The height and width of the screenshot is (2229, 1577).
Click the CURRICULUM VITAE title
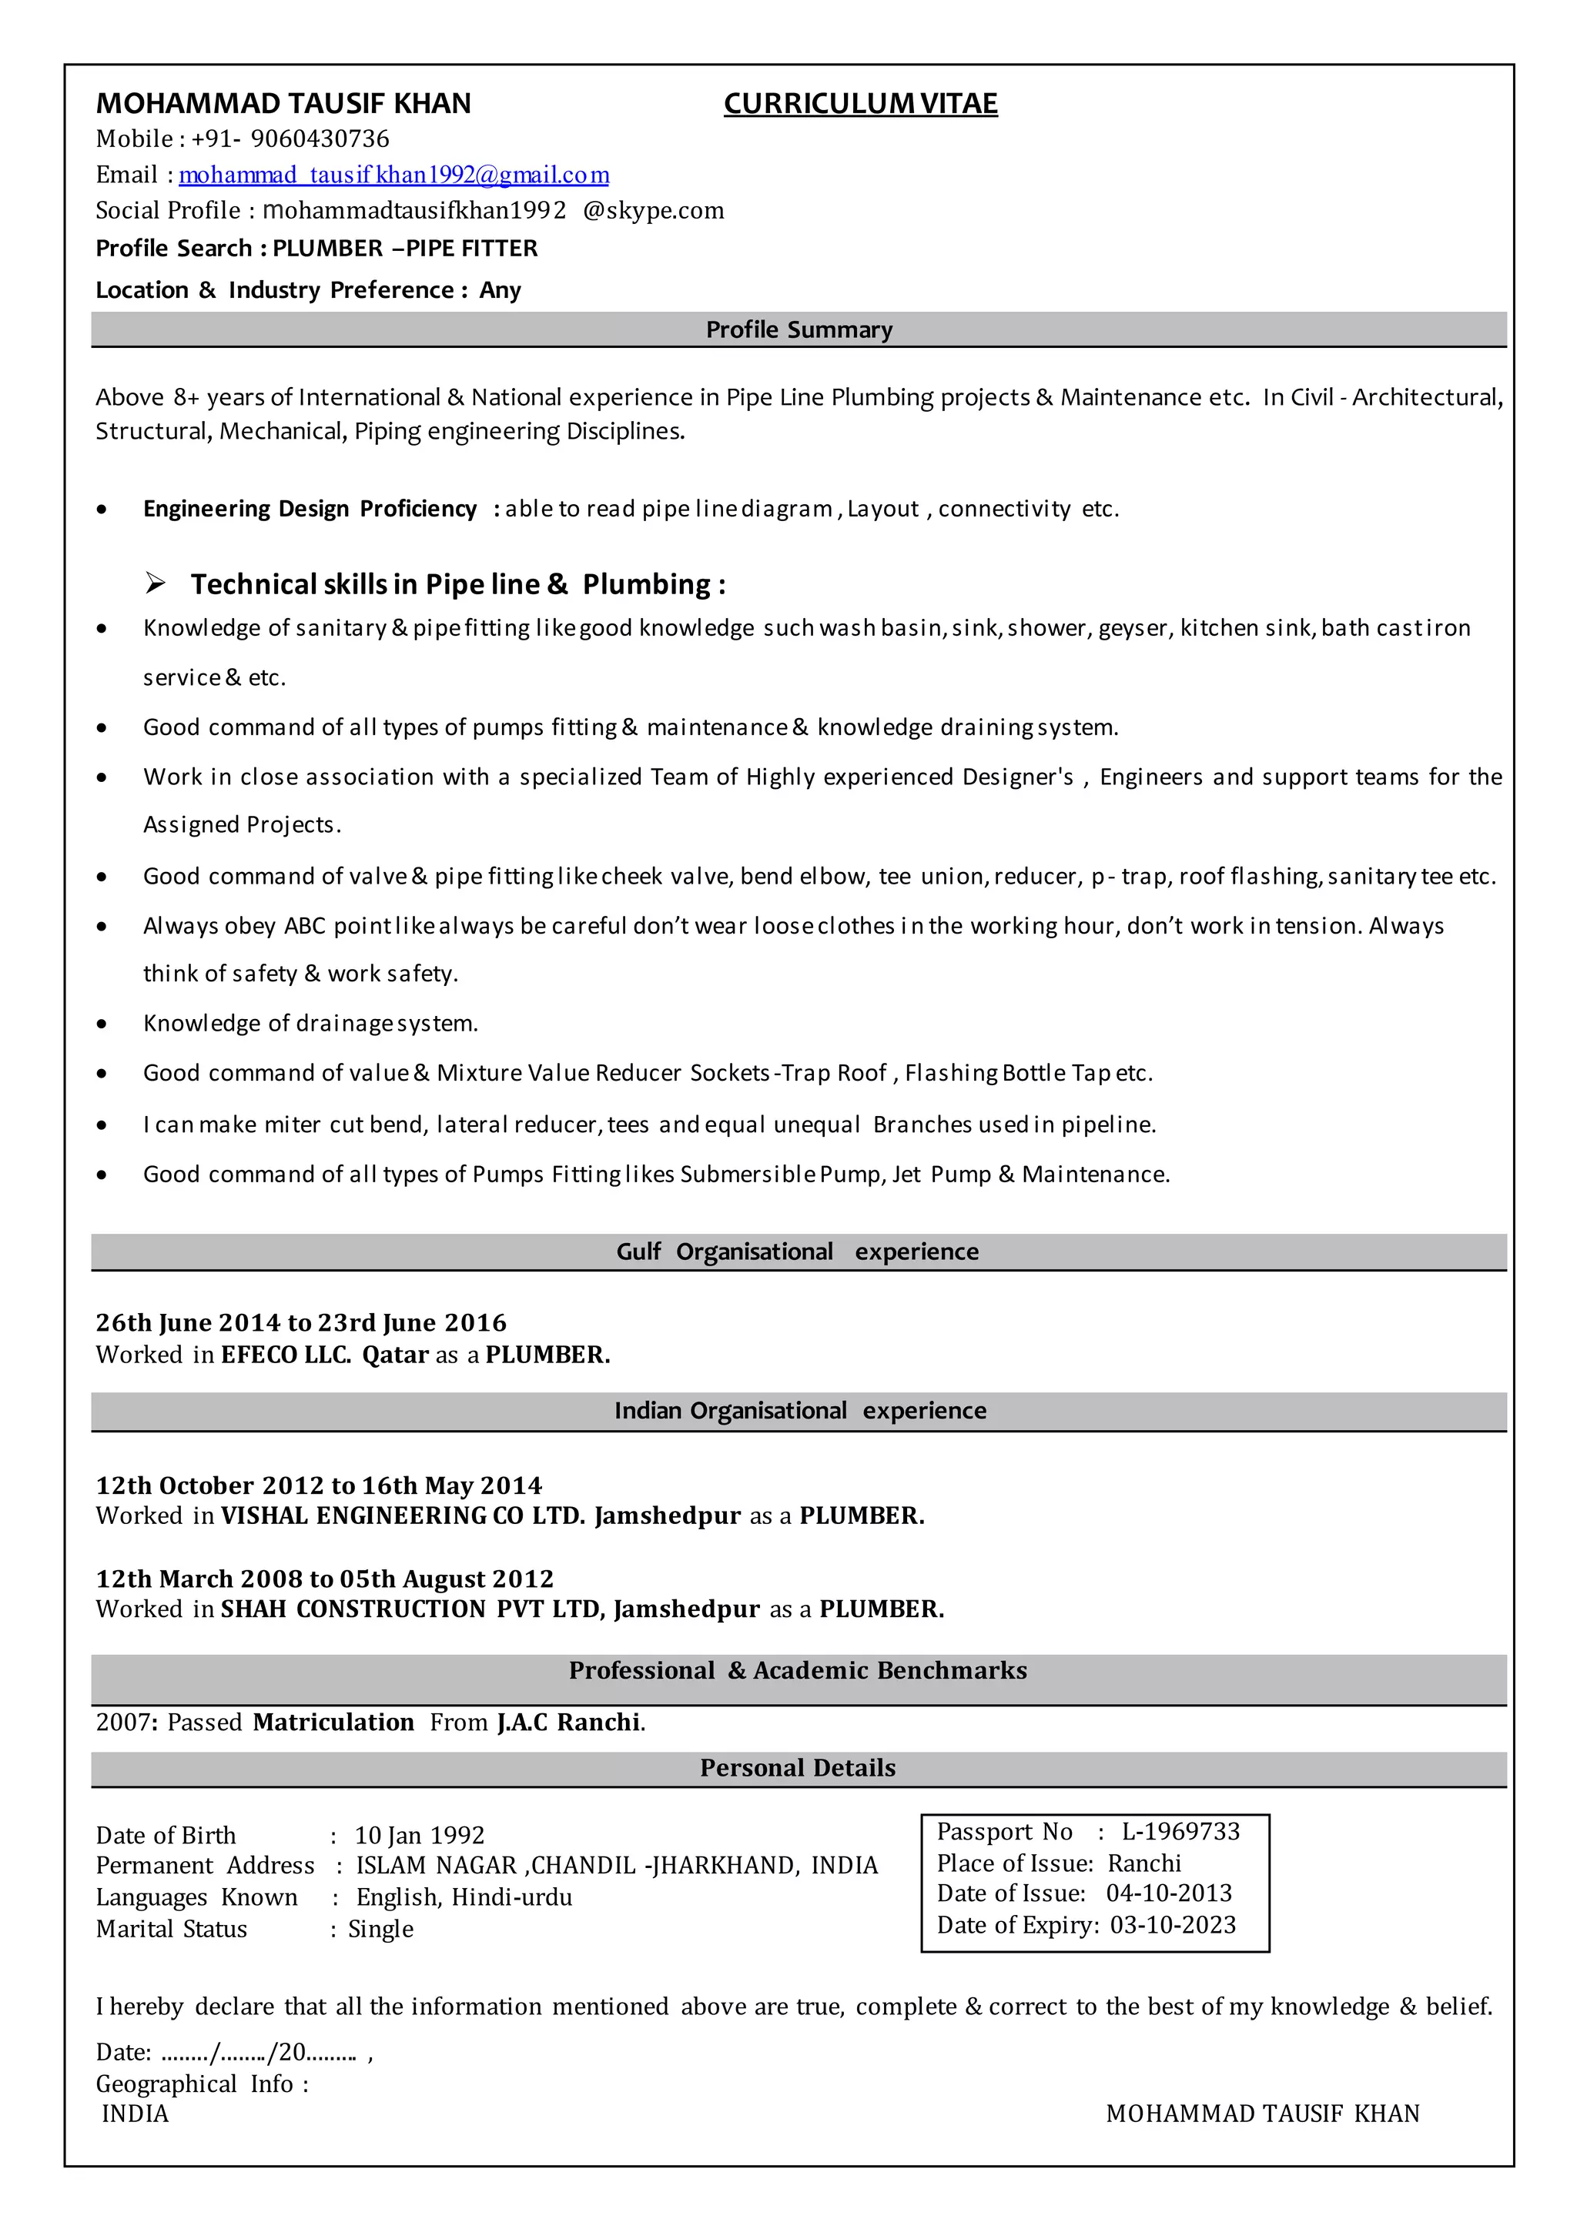[x=860, y=104]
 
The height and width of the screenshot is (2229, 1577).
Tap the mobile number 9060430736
[x=320, y=139]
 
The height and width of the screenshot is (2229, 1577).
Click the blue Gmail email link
[x=393, y=175]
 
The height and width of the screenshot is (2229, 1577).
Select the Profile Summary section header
[x=799, y=330]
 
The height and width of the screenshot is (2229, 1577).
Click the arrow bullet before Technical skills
[x=156, y=583]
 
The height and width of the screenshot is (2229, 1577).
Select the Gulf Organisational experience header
[x=799, y=1252]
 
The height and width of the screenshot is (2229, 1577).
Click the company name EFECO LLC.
[x=286, y=1355]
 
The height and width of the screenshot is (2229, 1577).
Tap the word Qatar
[x=395, y=1355]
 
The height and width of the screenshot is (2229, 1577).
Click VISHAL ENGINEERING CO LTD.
[x=403, y=1516]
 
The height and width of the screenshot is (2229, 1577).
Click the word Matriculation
[x=333, y=1723]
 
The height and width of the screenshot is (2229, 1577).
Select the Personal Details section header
[x=799, y=1768]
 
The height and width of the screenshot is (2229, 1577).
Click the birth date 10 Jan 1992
[x=420, y=1836]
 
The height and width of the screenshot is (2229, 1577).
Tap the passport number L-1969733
[x=1180, y=1832]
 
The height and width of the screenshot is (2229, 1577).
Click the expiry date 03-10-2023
[x=1173, y=1925]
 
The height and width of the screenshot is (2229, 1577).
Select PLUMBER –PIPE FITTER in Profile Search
[x=405, y=249]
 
